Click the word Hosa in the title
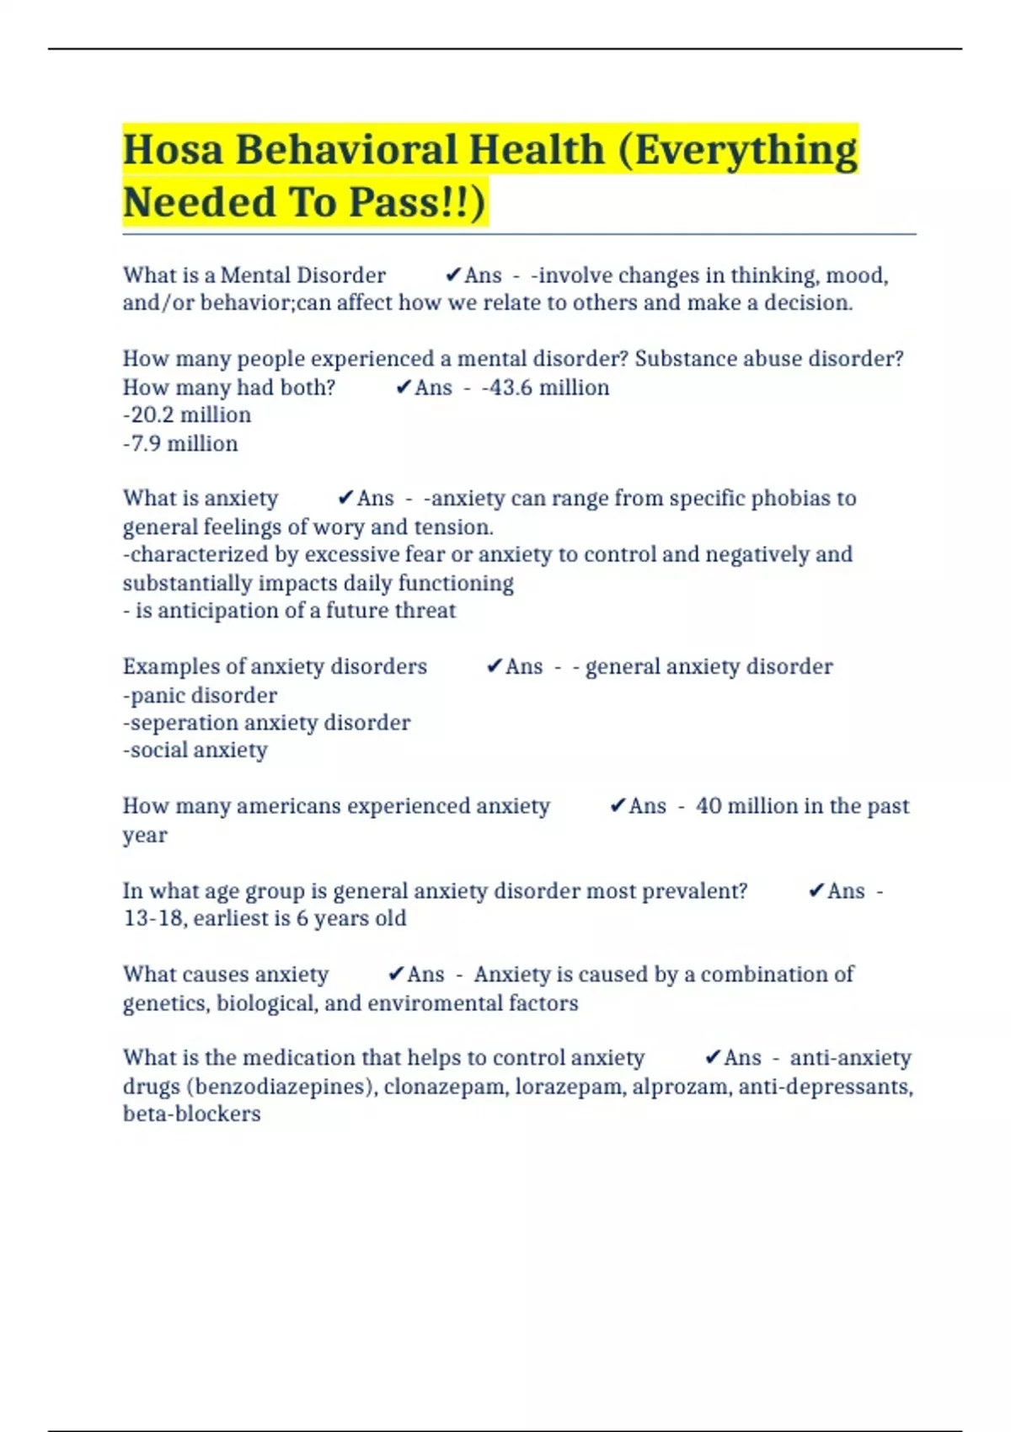pos(173,150)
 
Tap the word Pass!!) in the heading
pos(417,202)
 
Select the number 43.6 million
pos(548,387)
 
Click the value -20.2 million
pos(187,415)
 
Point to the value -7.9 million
pos(180,444)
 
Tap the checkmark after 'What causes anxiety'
pos(396,975)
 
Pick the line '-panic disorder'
pos(200,696)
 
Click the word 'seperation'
pos(202,724)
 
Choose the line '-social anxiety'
pos(195,751)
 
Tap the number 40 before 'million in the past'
pos(709,806)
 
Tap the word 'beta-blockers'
pos(192,1114)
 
